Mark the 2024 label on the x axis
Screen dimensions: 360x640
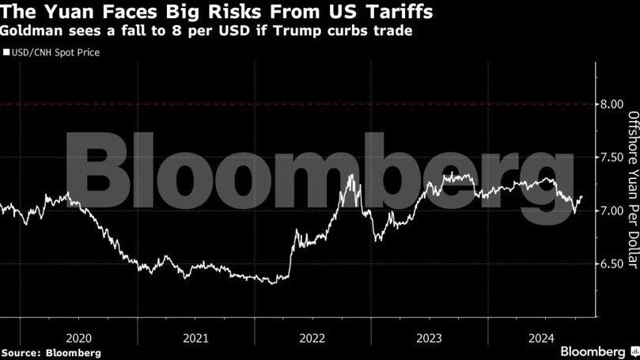point(544,337)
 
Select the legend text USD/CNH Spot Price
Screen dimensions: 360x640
point(55,53)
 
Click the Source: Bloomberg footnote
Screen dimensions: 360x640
point(51,352)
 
